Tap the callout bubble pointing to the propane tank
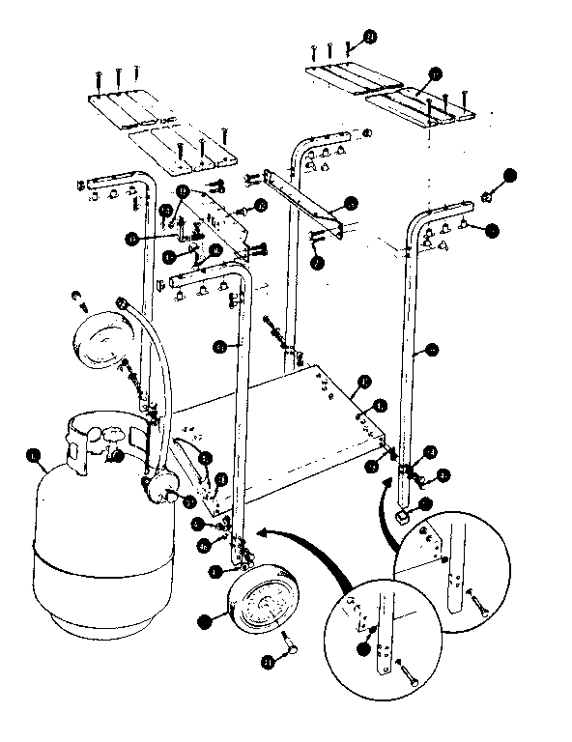pyautogui.click(x=35, y=453)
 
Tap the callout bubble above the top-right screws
pyautogui.click(x=370, y=37)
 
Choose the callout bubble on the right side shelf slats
pyautogui.click(x=435, y=72)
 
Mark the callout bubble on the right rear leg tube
pyautogui.click(x=431, y=348)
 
